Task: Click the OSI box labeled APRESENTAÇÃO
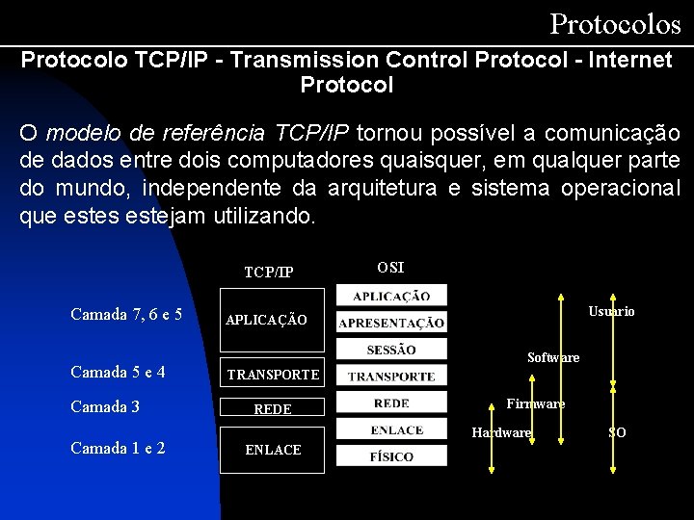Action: (391, 323)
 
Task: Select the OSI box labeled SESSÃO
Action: (391, 349)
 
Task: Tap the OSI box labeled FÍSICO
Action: (391, 455)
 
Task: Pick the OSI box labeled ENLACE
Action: (391, 429)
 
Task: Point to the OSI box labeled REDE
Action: (391, 403)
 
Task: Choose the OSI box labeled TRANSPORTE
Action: (391, 376)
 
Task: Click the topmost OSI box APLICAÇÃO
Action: (391, 296)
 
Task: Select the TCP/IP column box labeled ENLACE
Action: (273, 450)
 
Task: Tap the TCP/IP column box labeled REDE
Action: (273, 408)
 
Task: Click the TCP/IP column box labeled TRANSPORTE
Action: (273, 374)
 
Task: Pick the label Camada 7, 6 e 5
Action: (126, 314)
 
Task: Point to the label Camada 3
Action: (105, 406)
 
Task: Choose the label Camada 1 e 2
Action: (118, 448)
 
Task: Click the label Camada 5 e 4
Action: (118, 372)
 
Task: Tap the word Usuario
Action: (611, 311)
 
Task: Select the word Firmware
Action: (536, 403)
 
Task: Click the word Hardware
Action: (501, 432)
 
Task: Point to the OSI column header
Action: (390, 267)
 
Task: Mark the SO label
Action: (617, 432)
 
